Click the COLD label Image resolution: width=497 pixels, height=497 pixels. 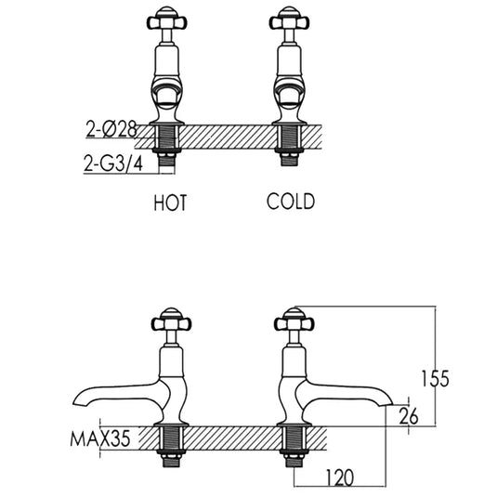[x=290, y=202]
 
